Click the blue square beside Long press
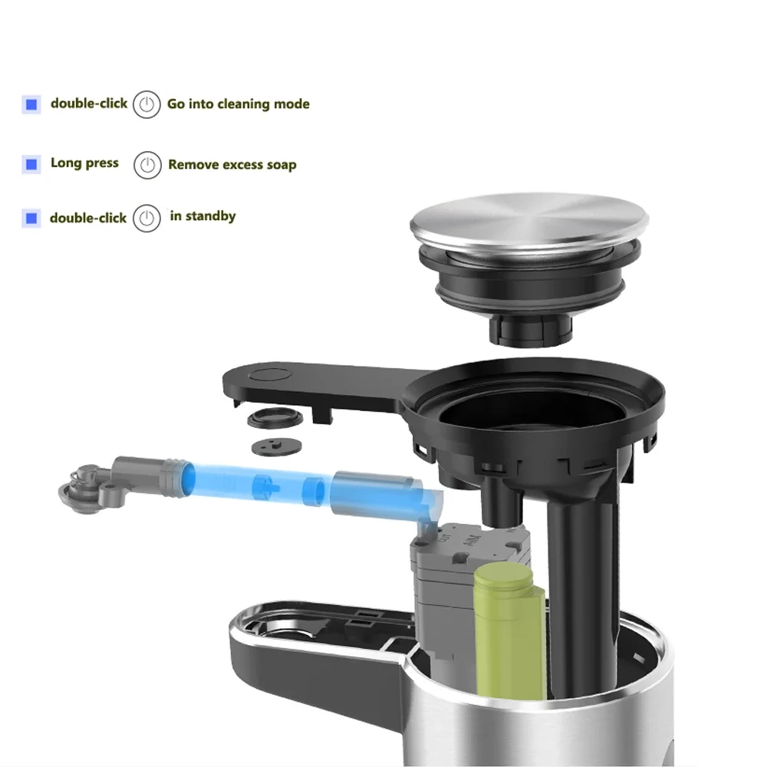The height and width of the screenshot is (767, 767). pyautogui.click(x=31, y=164)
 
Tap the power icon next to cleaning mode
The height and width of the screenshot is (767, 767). pyautogui.click(x=146, y=104)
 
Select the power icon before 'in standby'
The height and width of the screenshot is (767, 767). pyautogui.click(x=146, y=218)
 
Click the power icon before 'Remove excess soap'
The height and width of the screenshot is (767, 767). pyautogui.click(x=147, y=165)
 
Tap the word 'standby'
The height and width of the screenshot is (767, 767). pyautogui.click(x=210, y=216)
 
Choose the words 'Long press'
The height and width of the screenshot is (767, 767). pyautogui.click(x=84, y=163)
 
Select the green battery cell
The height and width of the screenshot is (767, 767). pyautogui.click(x=509, y=629)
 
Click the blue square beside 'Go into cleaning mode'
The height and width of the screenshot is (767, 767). pyautogui.click(x=31, y=104)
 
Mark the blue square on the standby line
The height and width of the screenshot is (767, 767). pyautogui.click(x=31, y=219)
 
